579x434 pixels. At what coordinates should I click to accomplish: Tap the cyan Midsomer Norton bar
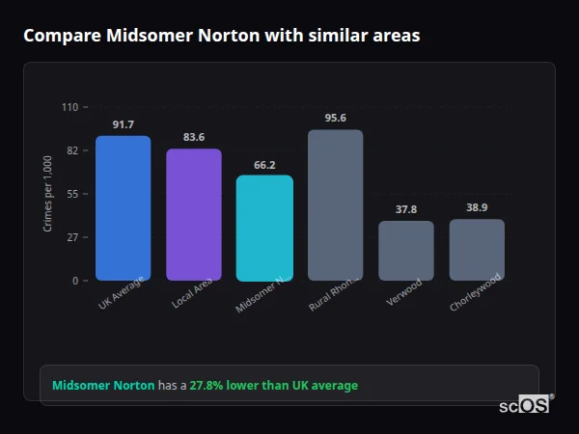tap(264, 228)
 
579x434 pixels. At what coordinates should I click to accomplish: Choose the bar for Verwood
tap(406, 251)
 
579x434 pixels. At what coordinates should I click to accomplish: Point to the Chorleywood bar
tap(477, 250)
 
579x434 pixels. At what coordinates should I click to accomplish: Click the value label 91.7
tap(124, 125)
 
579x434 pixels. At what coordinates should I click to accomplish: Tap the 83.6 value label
tap(194, 138)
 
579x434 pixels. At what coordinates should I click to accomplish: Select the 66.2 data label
tap(264, 165)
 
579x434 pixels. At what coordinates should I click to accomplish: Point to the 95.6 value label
tap(335, 119)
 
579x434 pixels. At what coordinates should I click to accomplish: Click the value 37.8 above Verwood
tap(406, 210)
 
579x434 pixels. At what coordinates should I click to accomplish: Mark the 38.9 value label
tap(477, 208)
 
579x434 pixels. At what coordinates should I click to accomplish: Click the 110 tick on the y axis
tap(69, 107)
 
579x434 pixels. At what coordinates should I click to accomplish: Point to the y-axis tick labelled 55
tap(72, 194)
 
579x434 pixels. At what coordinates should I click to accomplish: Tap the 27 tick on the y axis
tap(72, 237)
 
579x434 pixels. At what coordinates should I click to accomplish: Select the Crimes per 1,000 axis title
tap(48, 194)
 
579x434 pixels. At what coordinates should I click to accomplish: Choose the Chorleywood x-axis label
tap(473, 296)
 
